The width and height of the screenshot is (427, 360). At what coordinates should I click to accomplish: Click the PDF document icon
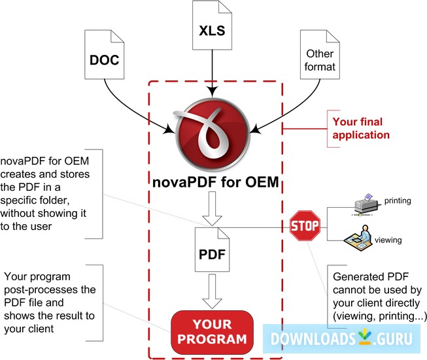(x=214, y=249)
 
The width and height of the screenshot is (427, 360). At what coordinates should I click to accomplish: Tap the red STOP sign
(x=305, y=227)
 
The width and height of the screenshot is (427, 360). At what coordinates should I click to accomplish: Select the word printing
(x=398, y=200)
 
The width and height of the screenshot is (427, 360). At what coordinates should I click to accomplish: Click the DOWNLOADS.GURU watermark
(x=343, y=339)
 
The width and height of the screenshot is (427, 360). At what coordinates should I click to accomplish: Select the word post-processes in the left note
(x=50, y=289)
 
